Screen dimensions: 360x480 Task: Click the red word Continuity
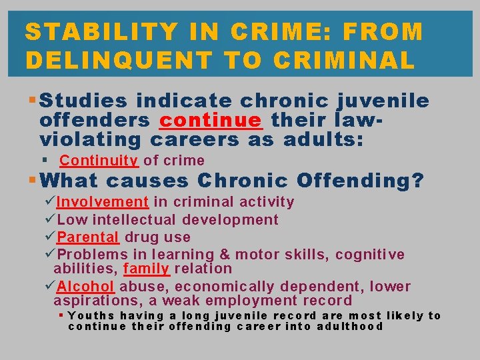[99, 161]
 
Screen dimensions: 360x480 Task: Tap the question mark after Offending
[417, 181]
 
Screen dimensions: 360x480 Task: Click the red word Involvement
[103, 202]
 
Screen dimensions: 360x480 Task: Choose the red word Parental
[88, 237]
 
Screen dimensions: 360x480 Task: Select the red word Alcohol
[86, 287]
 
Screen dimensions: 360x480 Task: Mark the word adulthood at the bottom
[350, 327]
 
